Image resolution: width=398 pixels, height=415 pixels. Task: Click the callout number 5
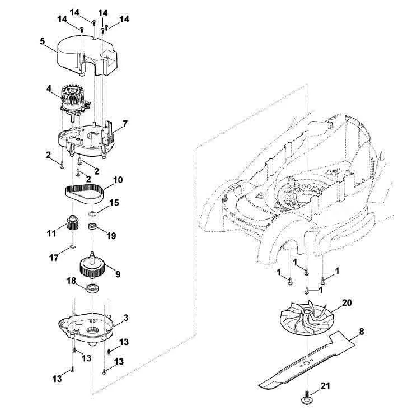pos(43,41)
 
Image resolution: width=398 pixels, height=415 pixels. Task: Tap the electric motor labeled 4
pos(74,102)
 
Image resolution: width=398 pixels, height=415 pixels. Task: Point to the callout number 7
pos(125,123)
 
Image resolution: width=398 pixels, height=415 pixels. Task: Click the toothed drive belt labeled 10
pos(85,194)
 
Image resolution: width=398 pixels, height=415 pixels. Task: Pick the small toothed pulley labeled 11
pos(72,223)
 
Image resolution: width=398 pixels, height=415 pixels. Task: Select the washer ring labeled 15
pos(92,213)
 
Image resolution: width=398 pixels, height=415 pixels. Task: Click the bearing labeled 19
pos(92,226)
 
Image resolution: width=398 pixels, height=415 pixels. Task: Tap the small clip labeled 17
pos(73,247)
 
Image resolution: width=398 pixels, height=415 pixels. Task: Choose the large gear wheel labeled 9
pos(92,267)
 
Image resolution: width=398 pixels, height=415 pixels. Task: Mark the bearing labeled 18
pos(92,288)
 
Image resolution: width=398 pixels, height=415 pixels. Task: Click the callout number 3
pos(126,318)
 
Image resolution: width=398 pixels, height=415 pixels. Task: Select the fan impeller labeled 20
pos(307,320)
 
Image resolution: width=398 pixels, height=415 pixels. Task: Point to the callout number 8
pos(361,332)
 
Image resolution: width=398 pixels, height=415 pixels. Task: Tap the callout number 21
pos(325,386)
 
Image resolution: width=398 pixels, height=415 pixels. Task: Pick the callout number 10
pos(118,180)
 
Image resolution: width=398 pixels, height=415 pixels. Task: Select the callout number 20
pos(347,302)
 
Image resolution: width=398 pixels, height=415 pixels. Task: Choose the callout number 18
pos(72,281)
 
